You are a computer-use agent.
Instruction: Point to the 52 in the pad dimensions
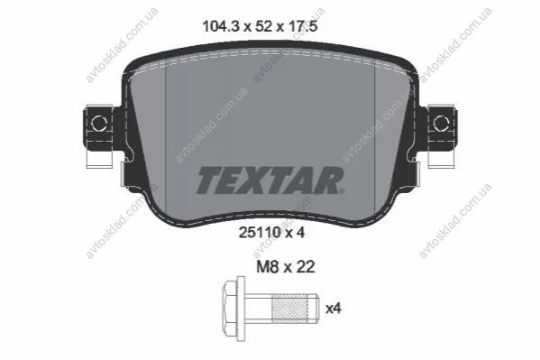coord(262,26)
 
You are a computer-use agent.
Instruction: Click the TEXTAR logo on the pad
coord(270,180)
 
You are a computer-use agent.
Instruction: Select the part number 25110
coord(259,233)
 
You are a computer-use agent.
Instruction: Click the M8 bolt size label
coord(267,267)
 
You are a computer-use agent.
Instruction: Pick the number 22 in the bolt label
coord(304,267)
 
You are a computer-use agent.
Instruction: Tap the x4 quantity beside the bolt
coord(334,309)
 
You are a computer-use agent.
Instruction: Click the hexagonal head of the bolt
coord(230,309)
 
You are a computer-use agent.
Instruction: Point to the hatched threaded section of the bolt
coord(289,308)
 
